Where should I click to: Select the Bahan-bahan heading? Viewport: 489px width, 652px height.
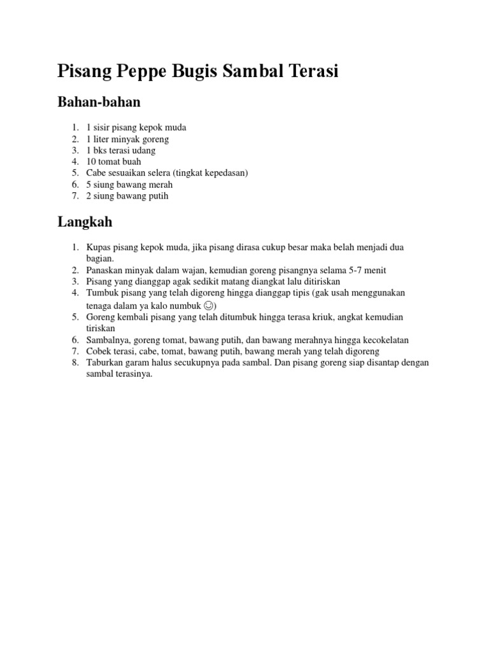tap(99, 102)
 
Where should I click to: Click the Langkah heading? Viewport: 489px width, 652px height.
tap(85, 222)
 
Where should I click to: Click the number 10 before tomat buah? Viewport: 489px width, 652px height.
tap(90, 162)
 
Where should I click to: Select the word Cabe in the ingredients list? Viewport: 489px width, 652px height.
tap(96, 173)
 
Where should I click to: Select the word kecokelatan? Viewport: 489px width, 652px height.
tap(379, 340)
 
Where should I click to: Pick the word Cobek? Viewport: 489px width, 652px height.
tap(97, 351)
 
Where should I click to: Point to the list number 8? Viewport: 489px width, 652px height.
tap(74, 363)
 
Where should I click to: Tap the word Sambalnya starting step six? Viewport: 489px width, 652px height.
tap(106, 340)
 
